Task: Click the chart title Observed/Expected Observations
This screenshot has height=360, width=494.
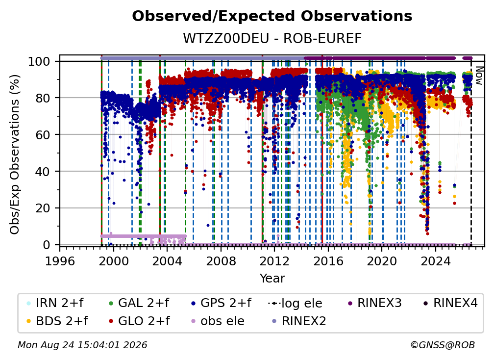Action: (272, 16)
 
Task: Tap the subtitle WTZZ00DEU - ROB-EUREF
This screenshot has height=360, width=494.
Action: (272, 38)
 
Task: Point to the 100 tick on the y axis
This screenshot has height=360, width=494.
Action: (39, 61)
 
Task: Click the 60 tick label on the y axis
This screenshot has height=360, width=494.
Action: (43, 135)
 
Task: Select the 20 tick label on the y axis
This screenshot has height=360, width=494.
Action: (43, 208)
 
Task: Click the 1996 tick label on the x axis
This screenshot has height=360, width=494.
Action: (60, 261)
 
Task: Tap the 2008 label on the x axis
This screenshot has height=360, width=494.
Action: (221, 261)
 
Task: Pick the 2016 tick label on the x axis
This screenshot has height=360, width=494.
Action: (328, 261)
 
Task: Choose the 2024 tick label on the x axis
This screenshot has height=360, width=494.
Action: (435, 261)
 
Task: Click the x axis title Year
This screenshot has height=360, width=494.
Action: (272, 279)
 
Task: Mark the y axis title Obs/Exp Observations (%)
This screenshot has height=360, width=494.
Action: (15, 154)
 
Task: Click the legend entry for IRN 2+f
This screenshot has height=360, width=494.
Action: (55, 303)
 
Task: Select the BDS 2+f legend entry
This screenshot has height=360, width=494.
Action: (57, 321)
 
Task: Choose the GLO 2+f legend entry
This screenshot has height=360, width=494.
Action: (139, 321)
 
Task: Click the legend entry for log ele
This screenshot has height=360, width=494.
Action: (295, 304)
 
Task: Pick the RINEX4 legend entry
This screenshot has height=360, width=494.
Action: (450, 303)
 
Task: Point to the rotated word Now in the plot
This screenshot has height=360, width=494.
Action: (479, 76)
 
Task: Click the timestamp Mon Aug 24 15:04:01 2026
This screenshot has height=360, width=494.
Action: (82, 345)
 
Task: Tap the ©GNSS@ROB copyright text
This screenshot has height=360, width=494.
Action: (443, 345)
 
